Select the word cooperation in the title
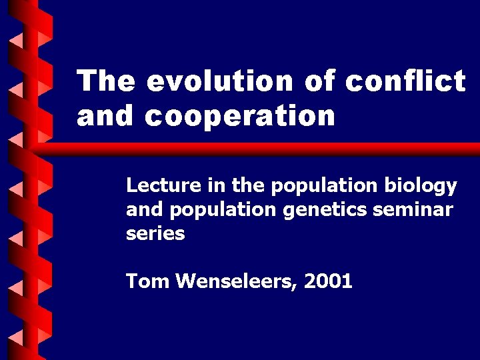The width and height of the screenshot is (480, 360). (x=240, y=116)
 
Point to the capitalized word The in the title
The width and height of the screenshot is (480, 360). (x=106, y=81)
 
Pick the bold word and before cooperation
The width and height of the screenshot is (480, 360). (x=107, y=116)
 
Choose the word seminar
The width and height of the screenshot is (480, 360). (x=413, y=210)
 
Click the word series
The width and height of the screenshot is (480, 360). (x=155, y=234)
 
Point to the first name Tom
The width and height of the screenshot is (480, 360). (x=147, y=281)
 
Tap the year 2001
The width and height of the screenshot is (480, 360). (x=327, y=281)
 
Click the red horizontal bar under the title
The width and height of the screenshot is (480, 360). (x=267, y=149)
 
